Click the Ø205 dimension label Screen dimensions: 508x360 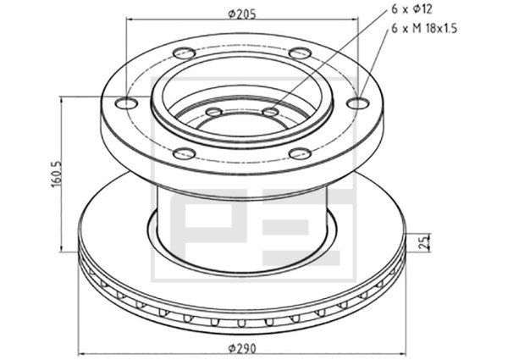click(x=241, y=14)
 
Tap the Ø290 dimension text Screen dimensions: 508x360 click(x=242, y=349)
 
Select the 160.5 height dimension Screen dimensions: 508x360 click(x=56, y=174)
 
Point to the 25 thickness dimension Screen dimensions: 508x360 click(x=424, y=241)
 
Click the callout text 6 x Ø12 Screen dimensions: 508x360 click(x=411, y=9)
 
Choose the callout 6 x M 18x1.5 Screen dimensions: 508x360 click(x=424, y=29)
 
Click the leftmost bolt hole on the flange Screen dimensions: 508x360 click(x=127, y=103)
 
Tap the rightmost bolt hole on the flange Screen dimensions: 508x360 click(x=358, y=103)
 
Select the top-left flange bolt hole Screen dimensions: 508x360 click(x=184, y=53)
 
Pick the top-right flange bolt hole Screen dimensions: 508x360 click(x=301, y=53)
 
